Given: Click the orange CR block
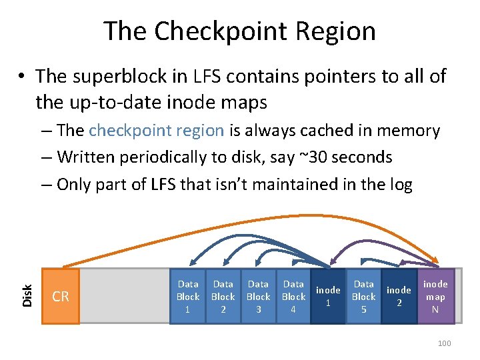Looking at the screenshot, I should pyautogui.click(x=60, y=297).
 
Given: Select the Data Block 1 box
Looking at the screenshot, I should pyautogui.click(x=188, y=297).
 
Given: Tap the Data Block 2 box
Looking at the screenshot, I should pyautogui.click(x=223, y=297).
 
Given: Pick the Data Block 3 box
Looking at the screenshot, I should pyautogui.click(x=258, y=297).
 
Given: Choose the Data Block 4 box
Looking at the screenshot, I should pyautogui.click(x=293, y=297).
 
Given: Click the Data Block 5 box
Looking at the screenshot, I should pyautogui.click(x=363, y=297).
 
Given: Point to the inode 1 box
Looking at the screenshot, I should pyautogui.click(x=328, y=297).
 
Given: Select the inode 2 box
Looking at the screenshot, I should pyautogui.click(x=399, y=297).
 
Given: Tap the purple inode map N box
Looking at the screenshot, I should pyautogui.click(x=435, y=297).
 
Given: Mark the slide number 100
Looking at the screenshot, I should pyautogui.click(x=444, y=343).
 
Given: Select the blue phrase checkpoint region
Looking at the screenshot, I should pyautogui.click(x=156, y=131).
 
